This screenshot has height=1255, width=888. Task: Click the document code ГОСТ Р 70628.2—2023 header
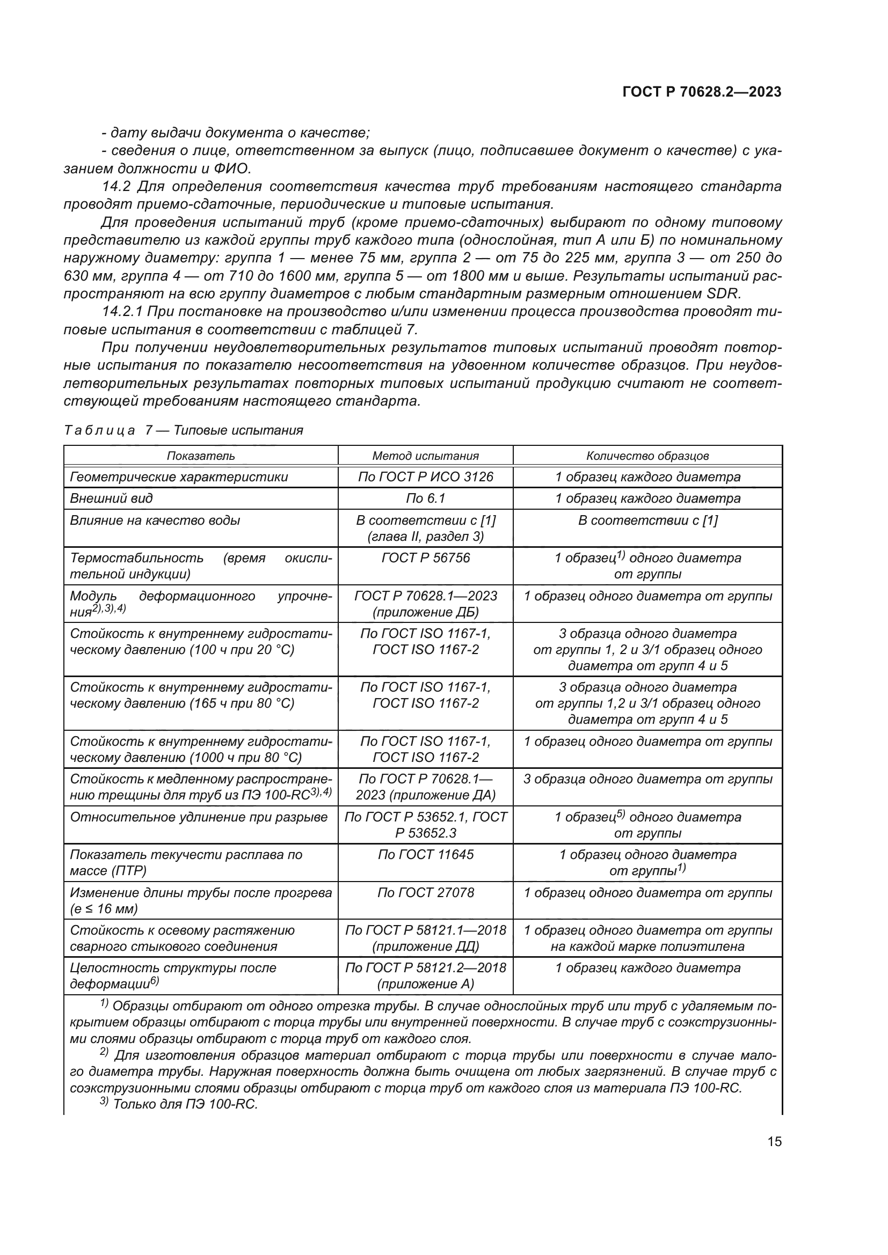(702, 92)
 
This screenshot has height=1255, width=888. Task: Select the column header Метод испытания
(425, 456)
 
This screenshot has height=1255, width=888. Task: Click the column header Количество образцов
(647, 456)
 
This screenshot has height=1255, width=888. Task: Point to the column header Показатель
(201, 456)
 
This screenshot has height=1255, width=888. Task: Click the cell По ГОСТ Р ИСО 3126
(425, 476)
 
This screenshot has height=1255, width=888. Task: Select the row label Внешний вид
(112, 498)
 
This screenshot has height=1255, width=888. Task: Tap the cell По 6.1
(425, 498)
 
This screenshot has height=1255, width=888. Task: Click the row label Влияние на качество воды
(155, 520)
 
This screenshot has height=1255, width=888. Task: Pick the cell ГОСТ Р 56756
(425, 558)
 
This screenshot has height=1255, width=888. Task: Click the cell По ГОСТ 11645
(425, 854)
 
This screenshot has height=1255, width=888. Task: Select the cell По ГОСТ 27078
(425, 893)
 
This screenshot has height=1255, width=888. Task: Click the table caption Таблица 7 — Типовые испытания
(183, 430)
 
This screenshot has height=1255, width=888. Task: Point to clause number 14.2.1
(122, 312)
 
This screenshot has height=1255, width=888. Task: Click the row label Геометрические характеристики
(179, 476)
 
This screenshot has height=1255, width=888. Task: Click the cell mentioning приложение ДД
(425, 938)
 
